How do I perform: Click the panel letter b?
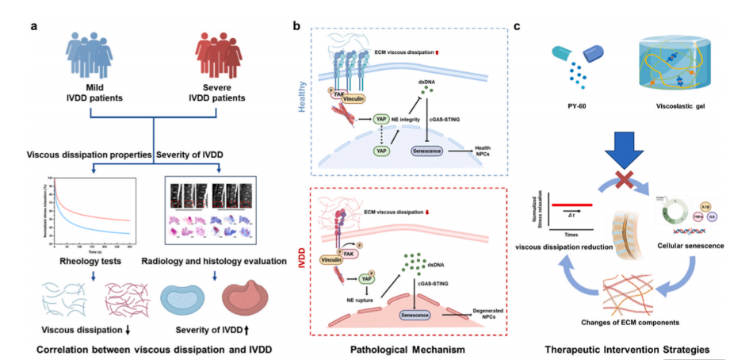[296, 26]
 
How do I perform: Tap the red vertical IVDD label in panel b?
[302, 274]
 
